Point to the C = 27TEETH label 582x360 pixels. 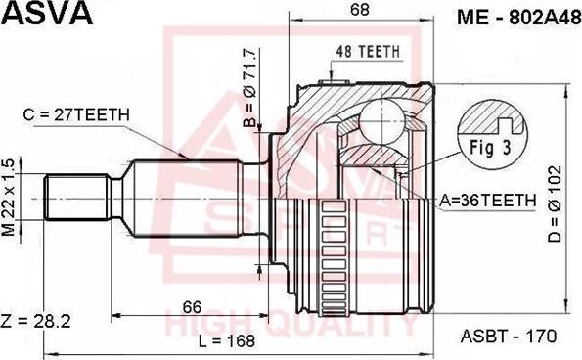[75, 115]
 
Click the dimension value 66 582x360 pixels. [192, 306]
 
